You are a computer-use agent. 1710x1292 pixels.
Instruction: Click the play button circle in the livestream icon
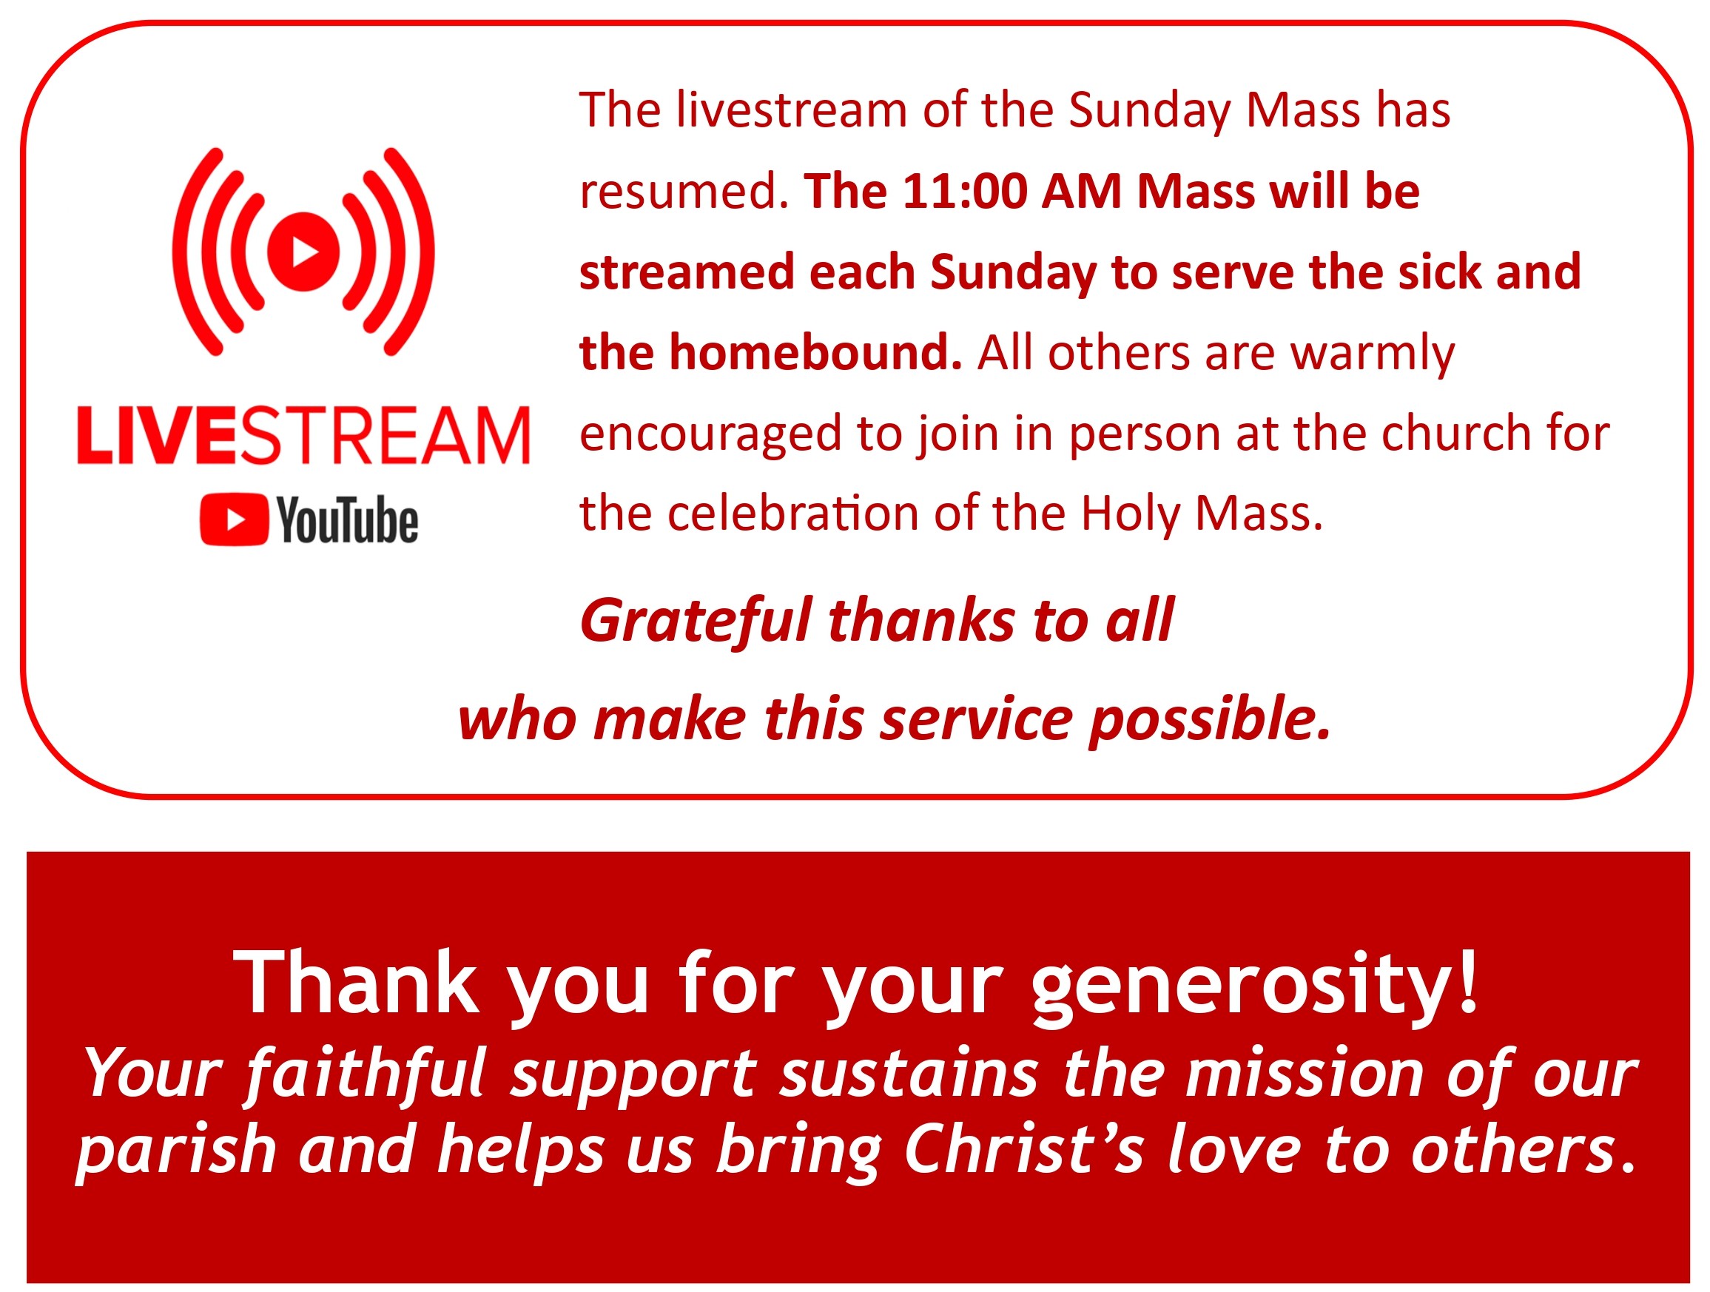tap(304, 252)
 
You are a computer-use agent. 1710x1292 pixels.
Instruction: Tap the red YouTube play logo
tap(235, 519)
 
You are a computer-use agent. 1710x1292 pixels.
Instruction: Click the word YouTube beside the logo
tap(348, 519)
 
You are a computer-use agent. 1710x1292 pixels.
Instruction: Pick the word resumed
tap(684, 192)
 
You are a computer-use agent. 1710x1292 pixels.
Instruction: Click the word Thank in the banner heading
tap(357, 983)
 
